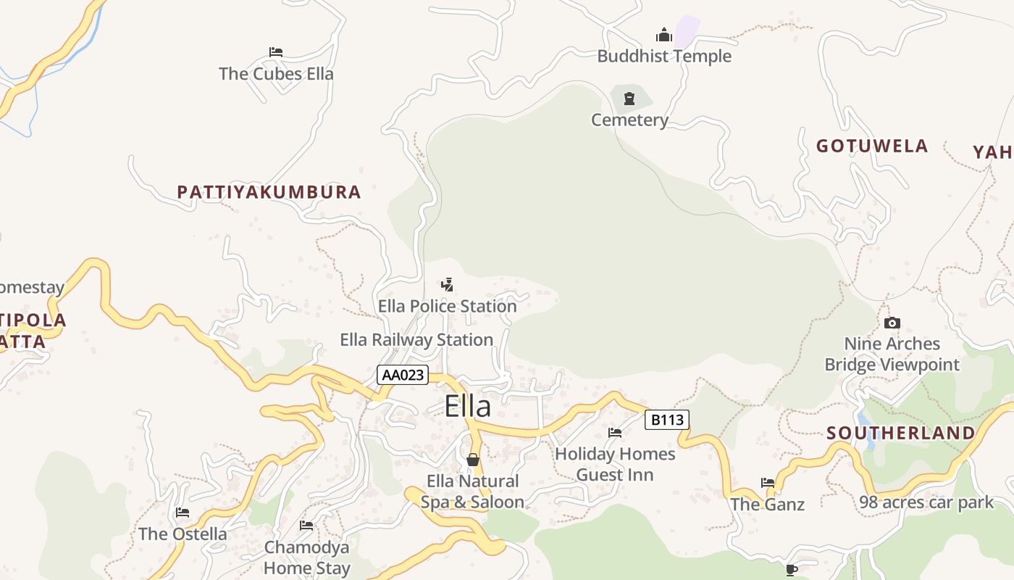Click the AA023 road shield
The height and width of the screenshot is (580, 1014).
click(403, 375)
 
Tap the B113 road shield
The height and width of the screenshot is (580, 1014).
click(666, 420)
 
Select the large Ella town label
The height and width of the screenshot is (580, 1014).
click(468, 406)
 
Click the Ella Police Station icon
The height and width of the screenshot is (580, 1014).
click(448, 285)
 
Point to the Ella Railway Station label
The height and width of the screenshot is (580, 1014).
click(416, 339)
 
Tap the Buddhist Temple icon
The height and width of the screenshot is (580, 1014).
click(663, 35)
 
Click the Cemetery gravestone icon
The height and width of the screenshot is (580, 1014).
click(629, 98)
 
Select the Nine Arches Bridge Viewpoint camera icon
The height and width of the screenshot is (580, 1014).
click(892, 323)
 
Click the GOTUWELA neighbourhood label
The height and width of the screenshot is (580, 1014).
click(872, 146)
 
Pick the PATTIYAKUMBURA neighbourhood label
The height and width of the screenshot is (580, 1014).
click(269, 192)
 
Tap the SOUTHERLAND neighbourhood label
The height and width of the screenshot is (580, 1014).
click(901, 433)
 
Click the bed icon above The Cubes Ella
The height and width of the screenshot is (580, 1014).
click(276, 52)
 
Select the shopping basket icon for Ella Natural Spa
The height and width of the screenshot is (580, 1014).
click(473, 460)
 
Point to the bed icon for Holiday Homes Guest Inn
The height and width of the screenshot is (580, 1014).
click(615, 433)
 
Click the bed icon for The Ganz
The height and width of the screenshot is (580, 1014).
click(768, 482)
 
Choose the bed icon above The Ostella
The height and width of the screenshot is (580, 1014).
click(183, 513)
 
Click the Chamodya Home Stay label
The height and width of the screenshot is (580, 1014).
click(307, 558)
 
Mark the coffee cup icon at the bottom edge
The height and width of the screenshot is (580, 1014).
click(792, 570)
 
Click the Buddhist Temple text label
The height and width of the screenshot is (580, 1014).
click(664, 56)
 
